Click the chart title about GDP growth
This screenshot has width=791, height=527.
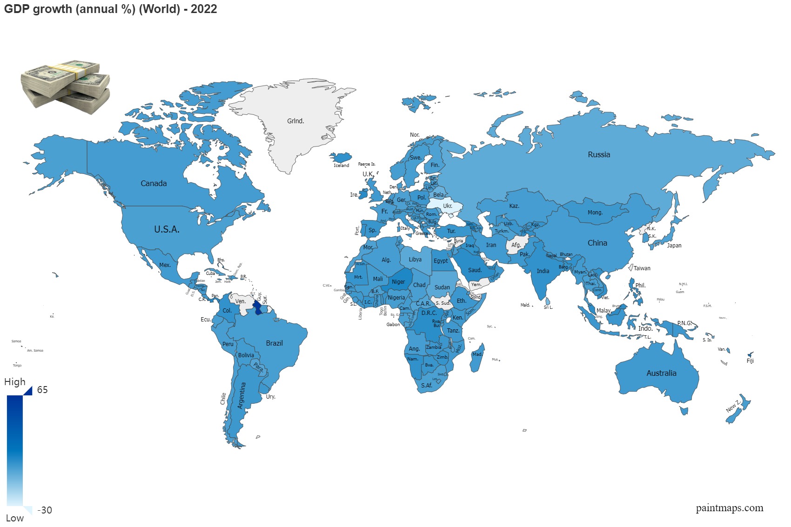[110, 9]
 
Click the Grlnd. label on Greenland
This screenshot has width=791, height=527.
[295, 121]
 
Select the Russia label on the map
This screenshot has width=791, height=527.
[599, 154]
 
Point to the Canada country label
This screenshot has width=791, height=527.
[154, 183]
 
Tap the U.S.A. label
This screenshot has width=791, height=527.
[167, 229]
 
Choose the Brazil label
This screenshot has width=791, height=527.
[274, 343]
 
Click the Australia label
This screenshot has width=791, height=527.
[661, 373]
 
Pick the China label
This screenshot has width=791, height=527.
[597, 243]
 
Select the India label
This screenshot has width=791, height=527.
[543, 271]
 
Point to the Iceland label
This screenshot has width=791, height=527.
[341, 165]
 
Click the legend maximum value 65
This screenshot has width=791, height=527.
[42, 390]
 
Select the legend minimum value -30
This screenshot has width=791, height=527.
[45, 510]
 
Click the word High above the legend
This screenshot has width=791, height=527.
[15, 382]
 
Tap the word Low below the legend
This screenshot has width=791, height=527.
[15, 518]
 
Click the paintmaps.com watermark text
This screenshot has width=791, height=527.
[729, 508]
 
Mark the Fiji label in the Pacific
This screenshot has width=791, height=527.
[750, 361]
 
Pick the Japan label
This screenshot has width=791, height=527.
[674, 246]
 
